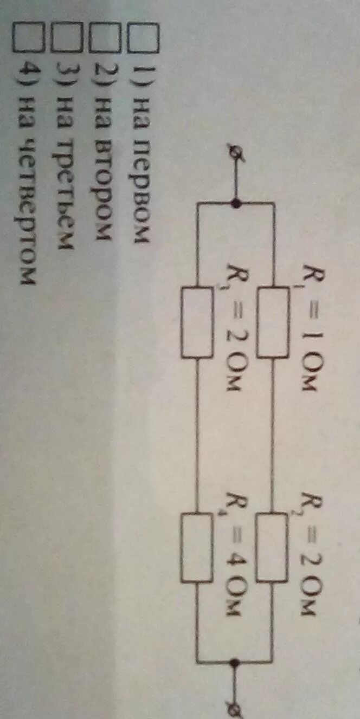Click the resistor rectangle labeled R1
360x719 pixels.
pyautogui.click(x=273, y=323)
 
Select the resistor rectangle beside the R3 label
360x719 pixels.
pyautogui.click(x=197, y=323)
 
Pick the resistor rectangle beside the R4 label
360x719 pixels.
pyautogui.click(x=197, y=548)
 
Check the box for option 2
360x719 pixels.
pyautogui.click(x=104, y=39)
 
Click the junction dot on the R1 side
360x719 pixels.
pyautogui.click(x=236, y=203)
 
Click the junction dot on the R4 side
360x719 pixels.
pyautogui.click(x=236, y=662)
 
